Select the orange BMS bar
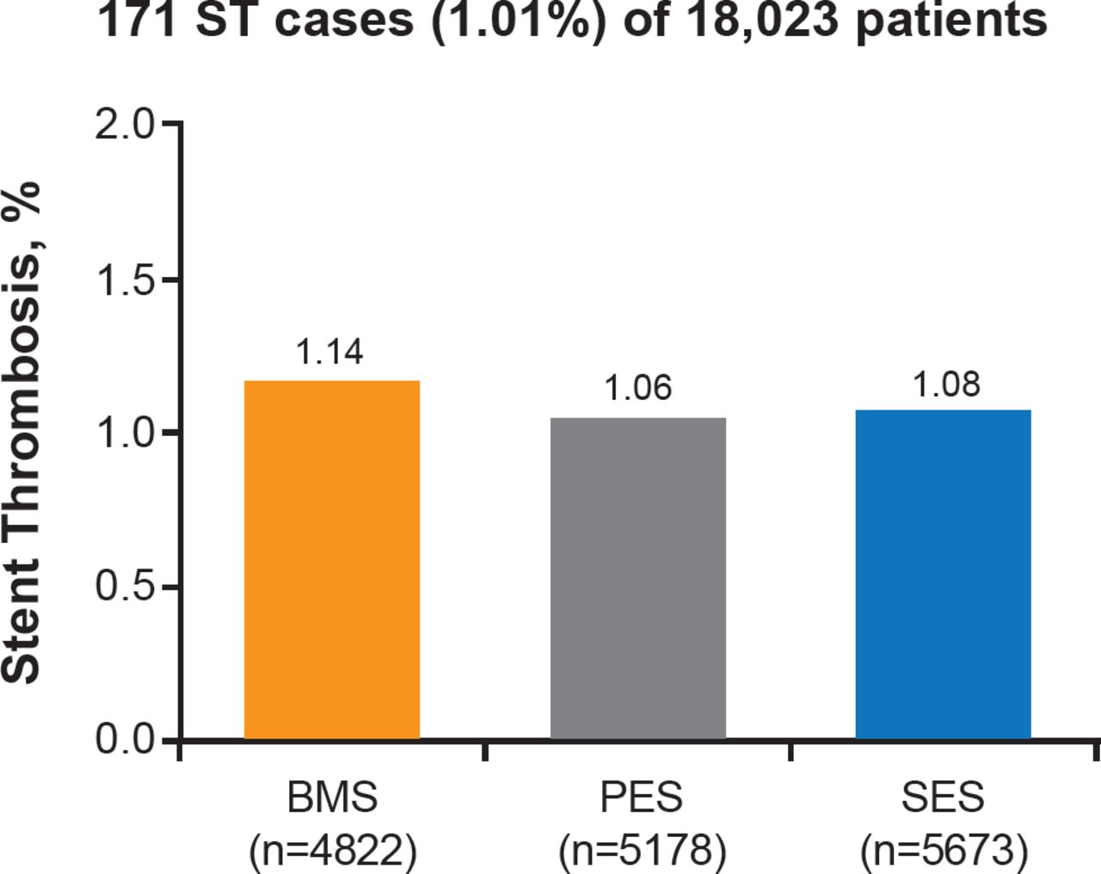[332, 559]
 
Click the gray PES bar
[638, 578]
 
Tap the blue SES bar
[943, 574]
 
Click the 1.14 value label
[329, 352]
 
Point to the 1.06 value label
[637, 388]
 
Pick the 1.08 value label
[945, 385]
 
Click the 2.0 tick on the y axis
[124, 126]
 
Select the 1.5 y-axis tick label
[124, 280]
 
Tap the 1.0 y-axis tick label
[124, 433]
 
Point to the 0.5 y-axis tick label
[124, 587]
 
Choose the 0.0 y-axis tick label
[124, 740]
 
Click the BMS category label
[332, 797]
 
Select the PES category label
[641, 797]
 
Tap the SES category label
[943, 797]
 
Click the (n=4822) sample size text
[332, 851]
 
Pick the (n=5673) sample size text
[944, 851]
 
